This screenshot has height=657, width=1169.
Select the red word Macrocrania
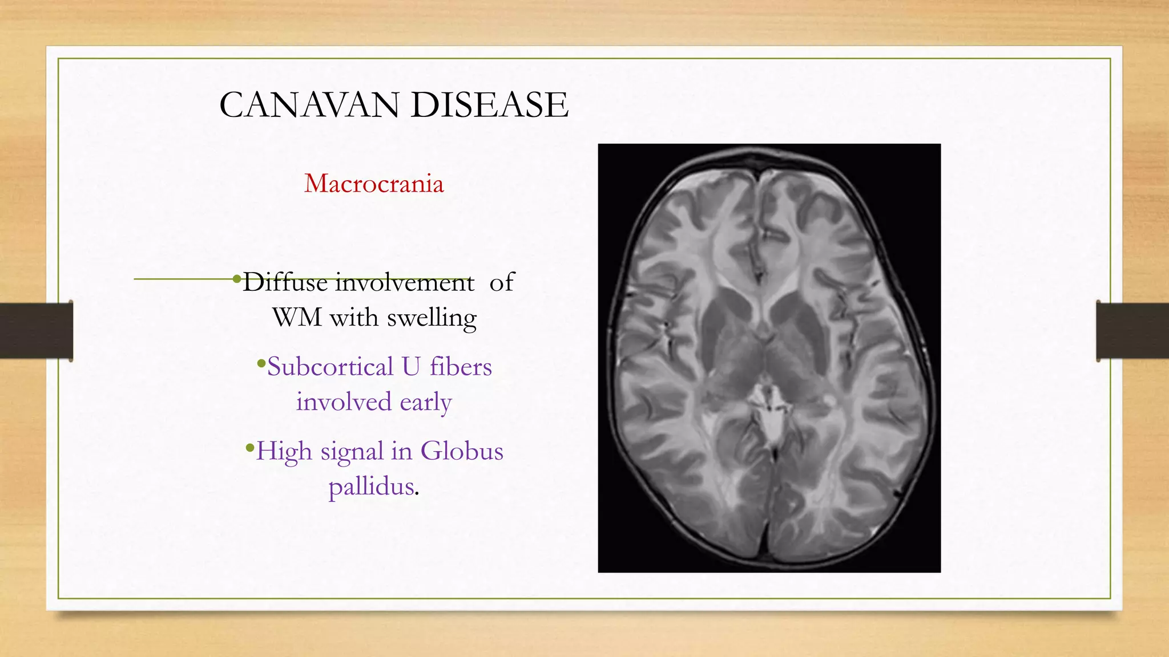[374, 184]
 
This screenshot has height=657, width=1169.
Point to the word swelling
[432, 318]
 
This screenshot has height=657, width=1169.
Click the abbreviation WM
[297, 317]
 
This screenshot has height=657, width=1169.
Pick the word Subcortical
[330, 367]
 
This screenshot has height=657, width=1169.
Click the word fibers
[461, 367]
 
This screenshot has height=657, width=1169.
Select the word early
[425, 401]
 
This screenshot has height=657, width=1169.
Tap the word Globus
[462, 451]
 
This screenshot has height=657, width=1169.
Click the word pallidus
[372, 486]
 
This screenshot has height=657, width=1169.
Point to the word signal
[352, 452]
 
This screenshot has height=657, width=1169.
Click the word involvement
[405, 282]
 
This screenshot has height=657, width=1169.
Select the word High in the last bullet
[284, 451]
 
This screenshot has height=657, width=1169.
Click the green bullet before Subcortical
[261, 363]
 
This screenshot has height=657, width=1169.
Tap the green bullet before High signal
[249, 447]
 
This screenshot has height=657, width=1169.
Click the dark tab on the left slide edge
[37, 331]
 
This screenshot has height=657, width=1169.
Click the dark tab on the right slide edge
[1132, 331]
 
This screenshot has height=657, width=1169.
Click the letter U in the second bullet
[411, 367]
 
